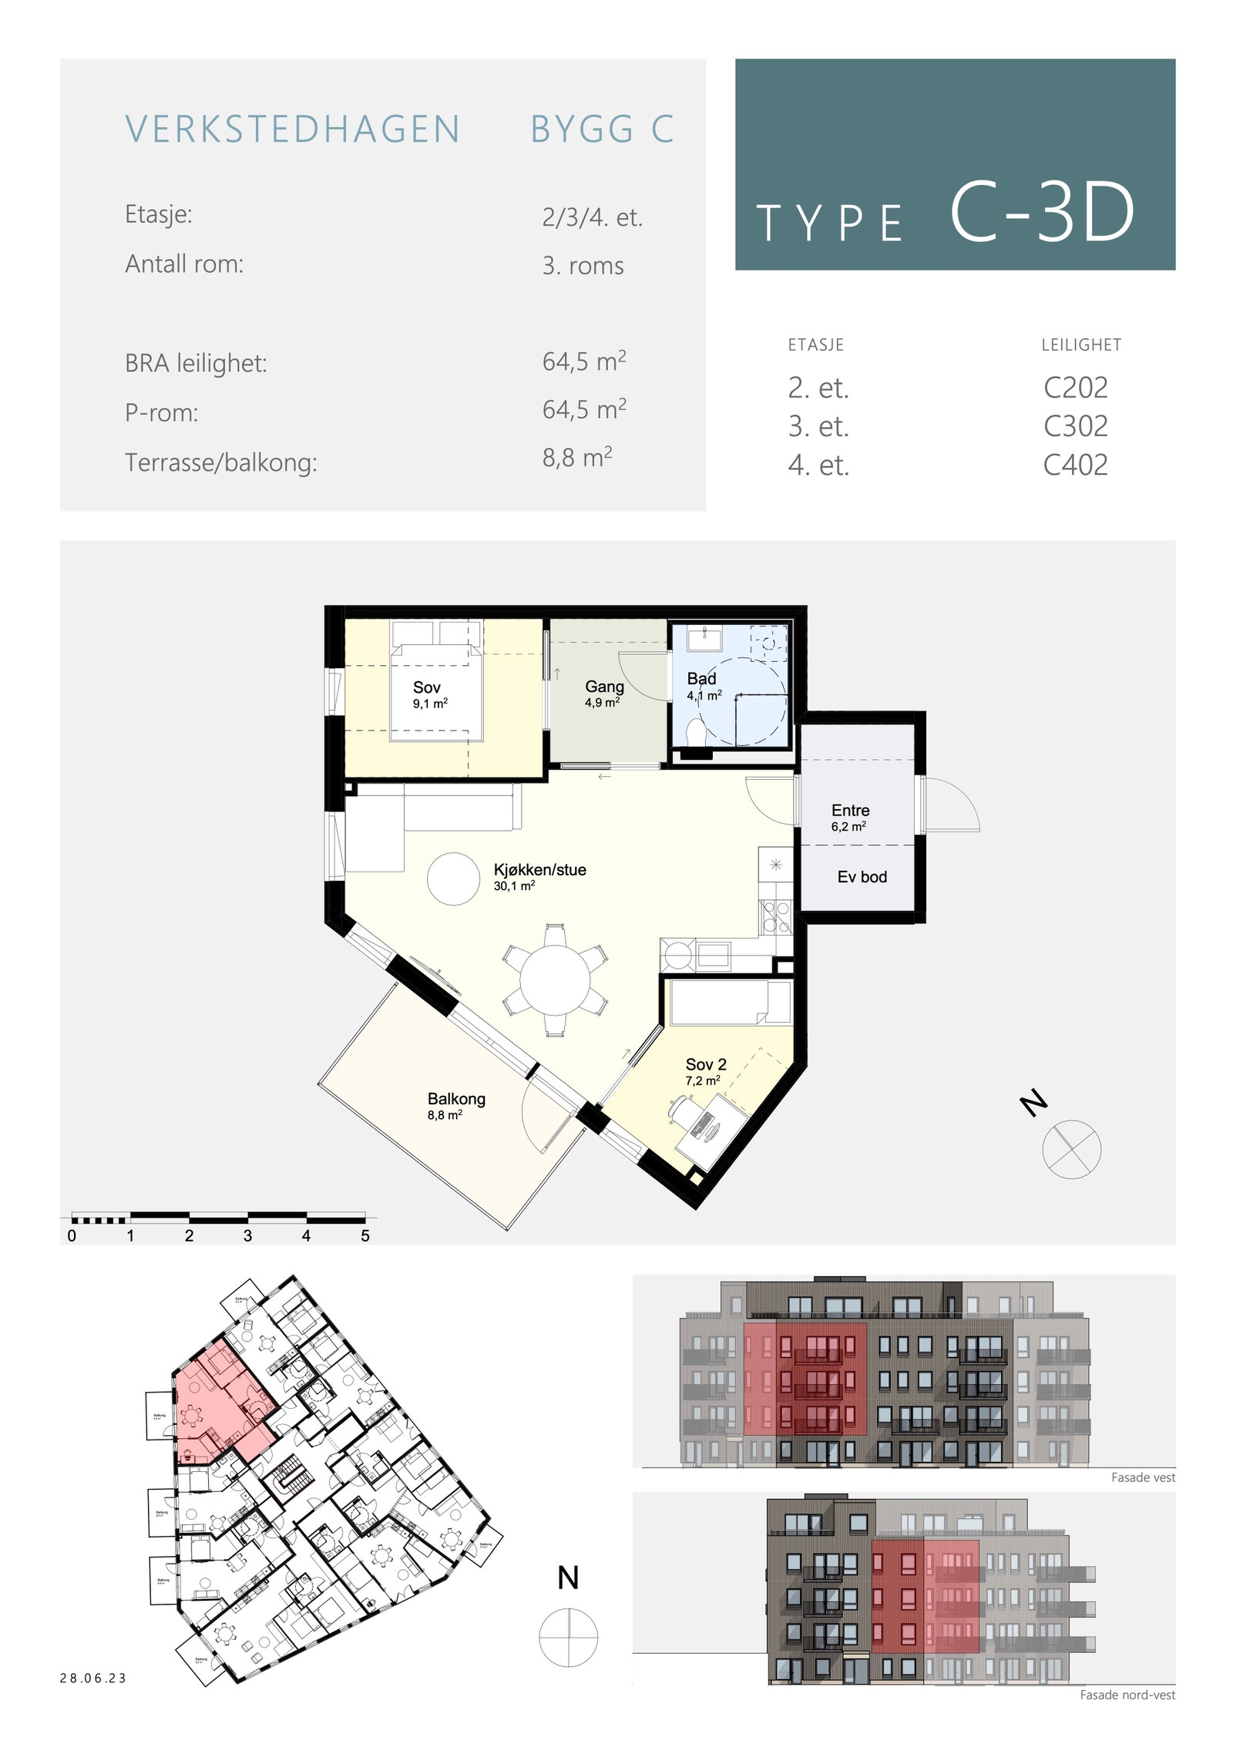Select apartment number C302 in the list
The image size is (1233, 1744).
point(1075,426)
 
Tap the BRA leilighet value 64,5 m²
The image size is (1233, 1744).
point(583,361)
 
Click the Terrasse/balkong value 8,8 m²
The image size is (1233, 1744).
point(576,458)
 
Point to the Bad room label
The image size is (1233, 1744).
point(702,679)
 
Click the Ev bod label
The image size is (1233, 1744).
point(862,877)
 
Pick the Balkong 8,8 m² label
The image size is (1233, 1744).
point(456,1105)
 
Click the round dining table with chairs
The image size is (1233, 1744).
point(555,980)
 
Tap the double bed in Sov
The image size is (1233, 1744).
point(436,692)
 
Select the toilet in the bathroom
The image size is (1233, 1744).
point(695,732)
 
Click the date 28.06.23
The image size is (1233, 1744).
point(93,1678)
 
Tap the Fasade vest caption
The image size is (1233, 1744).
point(1142,1477)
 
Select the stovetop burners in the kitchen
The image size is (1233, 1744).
point(776,916)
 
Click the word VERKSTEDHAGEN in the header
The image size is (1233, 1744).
point(293,129)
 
